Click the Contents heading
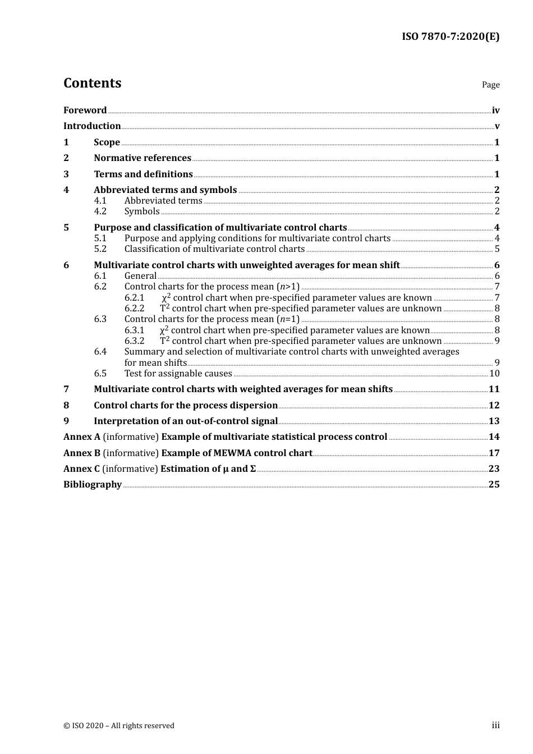(x=92, y=83)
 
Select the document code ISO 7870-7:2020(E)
(x=450, y=37)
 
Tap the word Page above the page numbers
(x=490, y=85)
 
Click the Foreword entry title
(x=85, y=111)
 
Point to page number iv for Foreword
(x=495, y=111)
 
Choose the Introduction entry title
(x=92, y=126)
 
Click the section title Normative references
(x=143, y=158)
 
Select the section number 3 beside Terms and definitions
(x=66, y=174)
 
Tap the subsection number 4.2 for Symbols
(x=100, y=212)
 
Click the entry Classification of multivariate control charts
(x=214, y=249)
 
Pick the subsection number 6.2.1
(x=135, y=298)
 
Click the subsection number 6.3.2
(x=135, y=341)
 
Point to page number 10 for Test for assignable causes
(x=494, y=374)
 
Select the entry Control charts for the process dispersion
(x=186, y=406)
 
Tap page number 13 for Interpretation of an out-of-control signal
(x=494, y=421)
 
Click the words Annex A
(x=82, y=437)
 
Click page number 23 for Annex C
(x=494, y=469)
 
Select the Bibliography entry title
(x=93, y=485)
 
